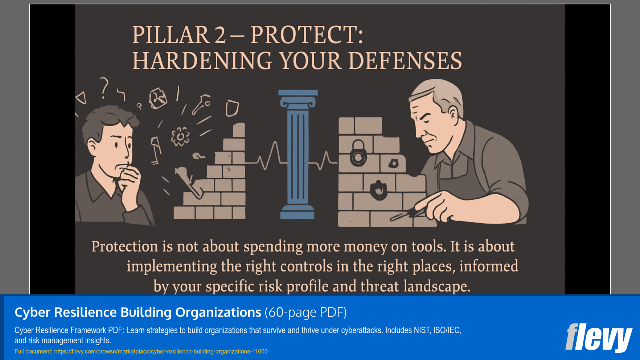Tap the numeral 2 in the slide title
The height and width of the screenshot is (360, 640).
pos(220,35)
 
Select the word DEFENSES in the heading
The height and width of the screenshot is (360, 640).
pos(405,61)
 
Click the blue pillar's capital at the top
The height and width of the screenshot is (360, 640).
pos(298,99)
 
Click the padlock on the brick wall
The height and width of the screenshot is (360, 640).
pos(358,153)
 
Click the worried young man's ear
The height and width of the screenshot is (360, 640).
pos(93,146)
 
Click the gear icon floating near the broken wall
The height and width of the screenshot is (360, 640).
pos(180,137)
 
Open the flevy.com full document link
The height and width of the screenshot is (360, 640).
pos(161,351)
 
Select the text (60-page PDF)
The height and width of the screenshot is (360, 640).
pos(305,312)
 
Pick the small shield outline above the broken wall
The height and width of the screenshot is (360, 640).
pos(232,108)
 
